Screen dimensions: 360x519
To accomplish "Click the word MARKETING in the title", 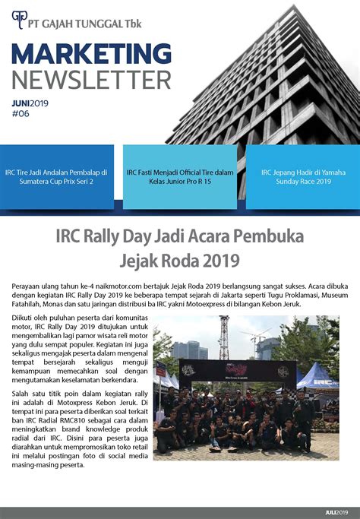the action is click(91, 54).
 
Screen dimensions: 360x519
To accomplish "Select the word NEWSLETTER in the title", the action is click(91, 78).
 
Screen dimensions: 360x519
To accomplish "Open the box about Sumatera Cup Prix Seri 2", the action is click(58, 177).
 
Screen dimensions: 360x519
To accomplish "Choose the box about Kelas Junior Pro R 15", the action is click(180, 177).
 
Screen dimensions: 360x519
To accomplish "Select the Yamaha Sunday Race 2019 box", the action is click(302, 177).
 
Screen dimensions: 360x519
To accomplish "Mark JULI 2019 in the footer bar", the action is click(339, 513).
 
